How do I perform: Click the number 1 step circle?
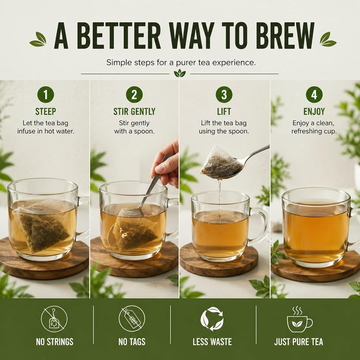(x=45, y=95)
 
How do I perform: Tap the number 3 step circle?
(x=224, y=95)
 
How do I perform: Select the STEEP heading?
(x=46, y=111)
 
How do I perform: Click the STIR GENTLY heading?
(x=134, y=111)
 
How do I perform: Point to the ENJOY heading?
(x=314, y=111)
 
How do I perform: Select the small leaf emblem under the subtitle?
(x=180, y=73)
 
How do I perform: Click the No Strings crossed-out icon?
(x=54, y=319)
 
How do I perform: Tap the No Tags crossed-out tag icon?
(x=132, y=319)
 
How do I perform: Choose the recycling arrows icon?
(x=212, y=319)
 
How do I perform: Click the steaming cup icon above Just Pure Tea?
(x=299, y=320)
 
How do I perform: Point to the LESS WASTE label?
(x=212, y=342)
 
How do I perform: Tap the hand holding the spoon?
(x=166, y=163)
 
